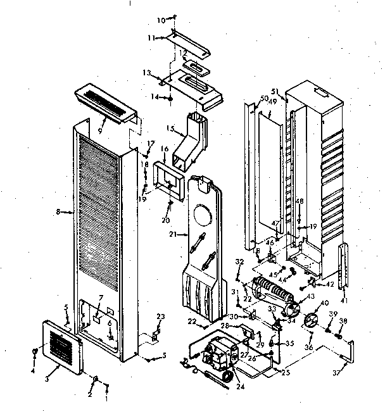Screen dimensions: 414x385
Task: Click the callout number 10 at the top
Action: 160,20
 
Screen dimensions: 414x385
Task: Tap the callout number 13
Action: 147,73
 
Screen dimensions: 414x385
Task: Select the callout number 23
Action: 160,317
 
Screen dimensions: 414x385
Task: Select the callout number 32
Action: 239,261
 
